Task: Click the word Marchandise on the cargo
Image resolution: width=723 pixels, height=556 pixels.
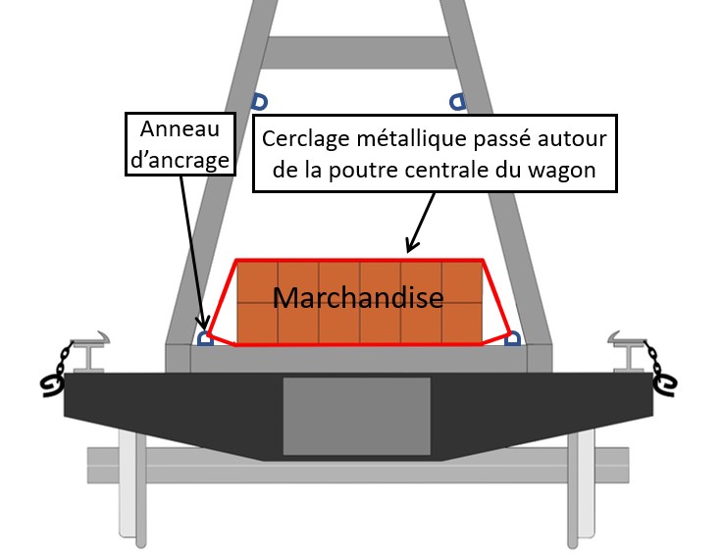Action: pyautogui.click(x=358, y=297)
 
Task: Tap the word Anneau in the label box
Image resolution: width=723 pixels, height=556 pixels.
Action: pyautogui.click(x=180, y=128)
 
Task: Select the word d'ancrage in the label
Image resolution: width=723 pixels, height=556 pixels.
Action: pyautogui.click(x=180, y=160)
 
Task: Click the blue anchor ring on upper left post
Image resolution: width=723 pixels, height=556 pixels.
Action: pyautogui.click(x=260, y=102)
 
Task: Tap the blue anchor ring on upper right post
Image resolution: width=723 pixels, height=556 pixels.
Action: pyautogui.click(x=457, y=102)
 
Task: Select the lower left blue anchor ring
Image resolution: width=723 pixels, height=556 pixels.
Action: pyautogui.click(x=205, y=338)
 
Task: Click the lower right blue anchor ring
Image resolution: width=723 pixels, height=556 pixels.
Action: pyautogui.click(x=513, y=338)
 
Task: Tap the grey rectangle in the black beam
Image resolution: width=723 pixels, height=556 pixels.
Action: pyautogui.click(x=356, y=416)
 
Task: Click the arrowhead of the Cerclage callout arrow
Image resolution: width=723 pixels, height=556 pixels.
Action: pyautogui.click(x=411, y=244)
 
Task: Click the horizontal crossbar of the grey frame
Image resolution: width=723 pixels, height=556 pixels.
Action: pyautogui.click(x=358, y=53)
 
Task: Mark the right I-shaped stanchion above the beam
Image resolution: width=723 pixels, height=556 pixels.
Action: pyautogui.click(x=627, y=352)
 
